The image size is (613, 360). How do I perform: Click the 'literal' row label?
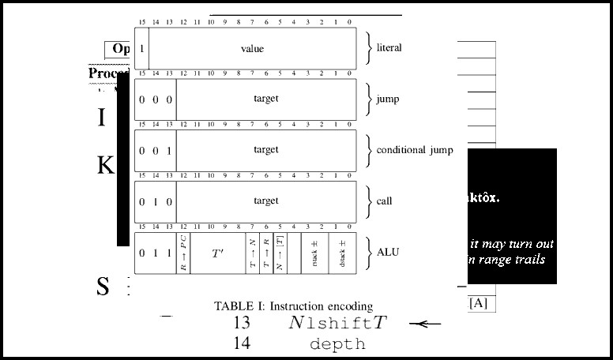pos(389,48)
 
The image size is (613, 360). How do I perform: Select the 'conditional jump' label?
pos(415,150)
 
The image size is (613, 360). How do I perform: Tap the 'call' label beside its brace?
pos(384,201)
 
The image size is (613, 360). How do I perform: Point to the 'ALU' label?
pos(388,253)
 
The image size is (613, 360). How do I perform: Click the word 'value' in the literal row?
pos(252,49)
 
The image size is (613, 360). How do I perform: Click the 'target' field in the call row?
pos(266,201)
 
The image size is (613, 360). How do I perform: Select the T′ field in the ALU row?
pos(217,253)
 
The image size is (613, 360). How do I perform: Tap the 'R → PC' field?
pos(183,253)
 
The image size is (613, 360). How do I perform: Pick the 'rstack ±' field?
pos(314,253)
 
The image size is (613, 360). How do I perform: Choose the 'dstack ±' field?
pos(342,253)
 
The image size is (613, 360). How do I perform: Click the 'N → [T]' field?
pos(280,253)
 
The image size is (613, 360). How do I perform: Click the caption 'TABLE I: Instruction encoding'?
pos(293,306)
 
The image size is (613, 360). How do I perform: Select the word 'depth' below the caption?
pos(337,344)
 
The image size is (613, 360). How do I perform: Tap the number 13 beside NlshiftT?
pos(242,323)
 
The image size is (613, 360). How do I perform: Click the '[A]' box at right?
pos(478,302)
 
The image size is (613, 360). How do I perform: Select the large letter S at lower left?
pos(103,287)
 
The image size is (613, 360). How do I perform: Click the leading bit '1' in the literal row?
pos(141,49)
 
